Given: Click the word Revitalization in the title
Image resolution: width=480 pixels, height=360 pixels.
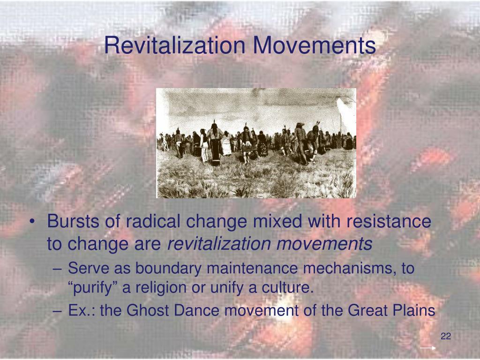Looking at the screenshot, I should pyautogui.click(x=175, y=45).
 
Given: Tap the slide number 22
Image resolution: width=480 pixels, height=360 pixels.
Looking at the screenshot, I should pyautogui.click(x=446, y=337).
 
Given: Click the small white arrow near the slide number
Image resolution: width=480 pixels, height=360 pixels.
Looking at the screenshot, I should pyautogui.click(x=427, y=348).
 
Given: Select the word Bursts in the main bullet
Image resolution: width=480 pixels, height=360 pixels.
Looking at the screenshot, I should pyautogui.click(x=71, y=222).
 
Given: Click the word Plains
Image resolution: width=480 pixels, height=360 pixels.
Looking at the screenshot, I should pyautogui.click(x=416, y=310).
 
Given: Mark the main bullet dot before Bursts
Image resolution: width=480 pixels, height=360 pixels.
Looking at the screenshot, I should pyautogui.click(x=36, y=222).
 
